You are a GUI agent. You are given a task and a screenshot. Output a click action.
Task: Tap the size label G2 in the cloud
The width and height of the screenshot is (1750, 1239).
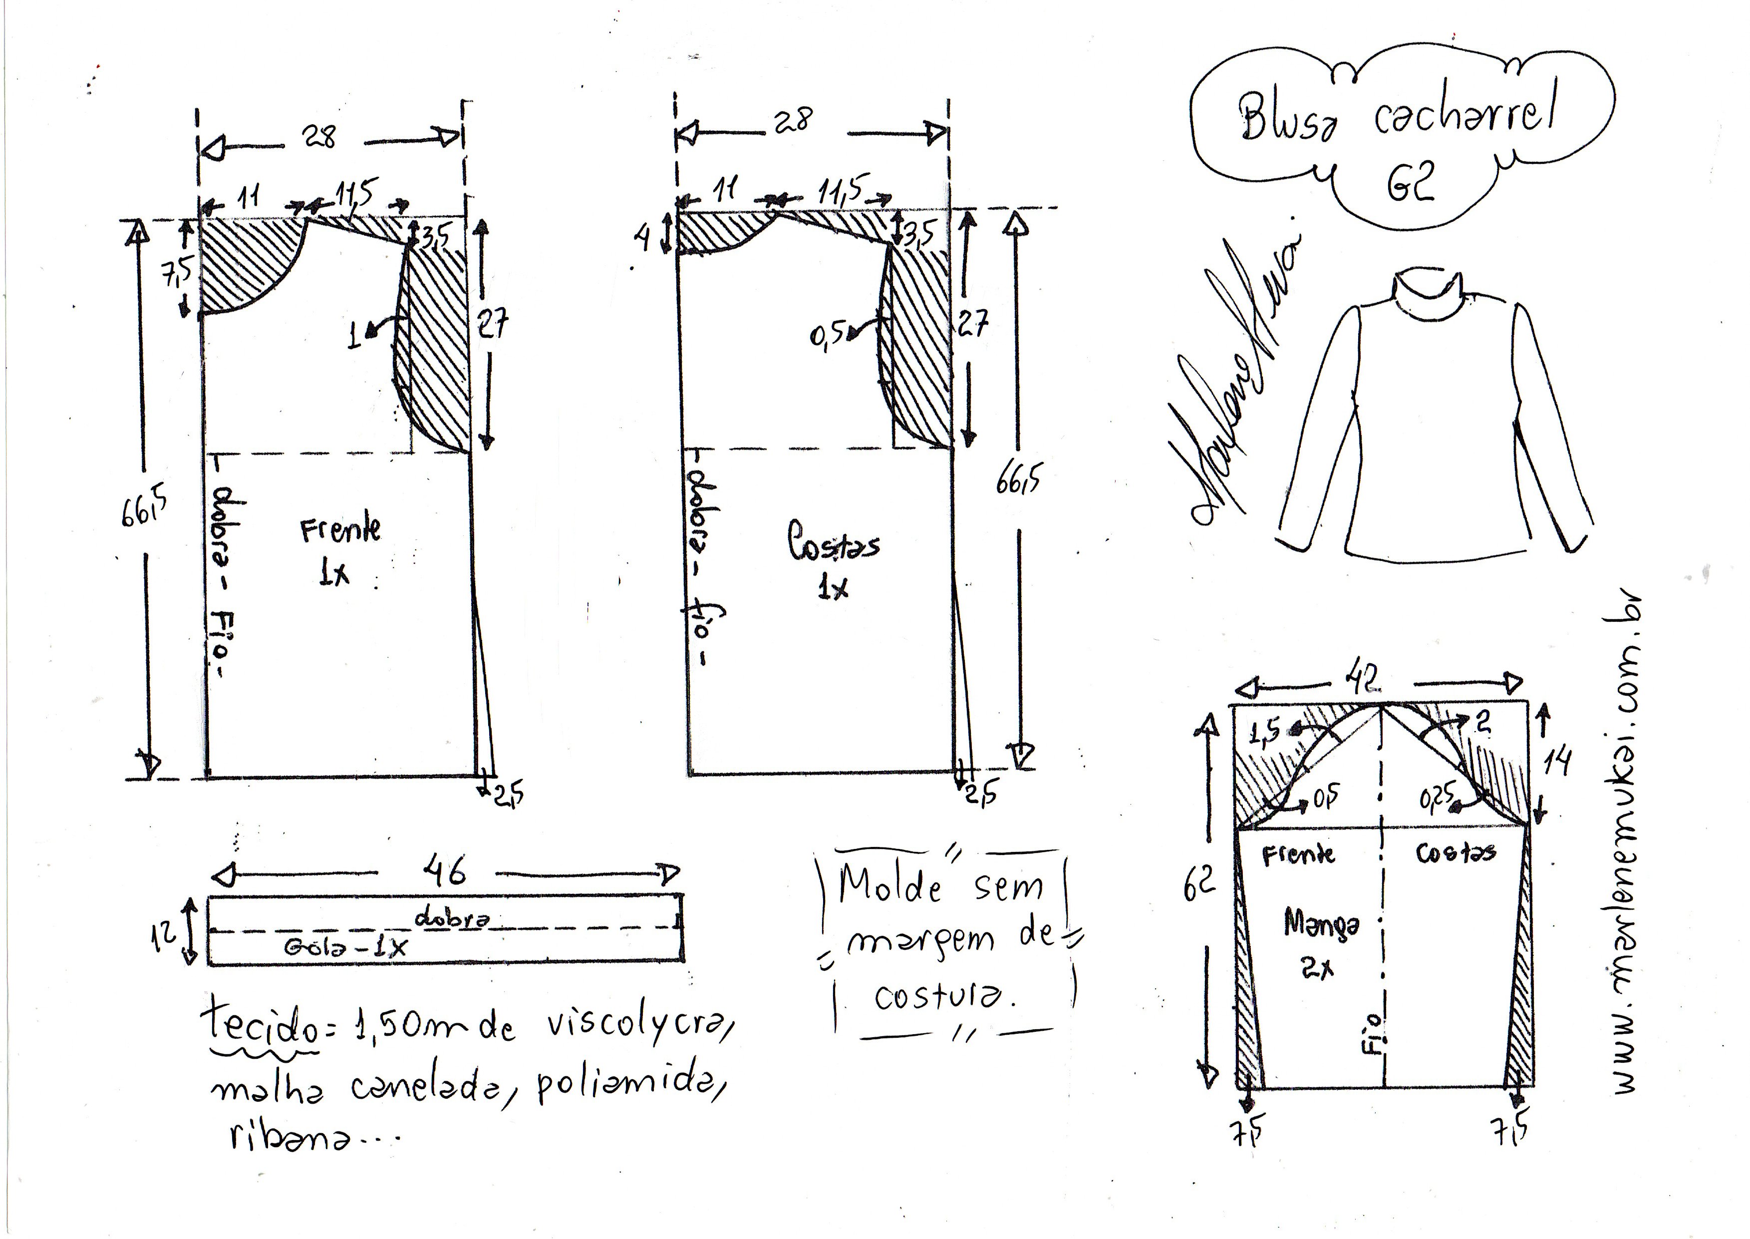(x=1410, y=184)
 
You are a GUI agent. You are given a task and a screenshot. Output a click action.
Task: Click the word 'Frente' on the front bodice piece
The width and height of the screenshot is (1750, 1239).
(x=340, y=529)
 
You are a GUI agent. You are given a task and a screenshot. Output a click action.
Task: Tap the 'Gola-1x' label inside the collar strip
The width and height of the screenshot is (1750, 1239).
(x=345, y=947)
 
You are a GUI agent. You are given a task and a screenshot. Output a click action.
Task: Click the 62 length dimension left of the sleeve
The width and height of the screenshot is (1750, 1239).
(x=1198, y=884)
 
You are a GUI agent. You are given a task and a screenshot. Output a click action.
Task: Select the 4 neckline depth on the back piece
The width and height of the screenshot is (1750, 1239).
(x=643, y=238)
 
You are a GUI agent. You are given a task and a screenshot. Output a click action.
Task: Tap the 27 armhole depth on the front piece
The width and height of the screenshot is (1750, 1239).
(x=493, y=324)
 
